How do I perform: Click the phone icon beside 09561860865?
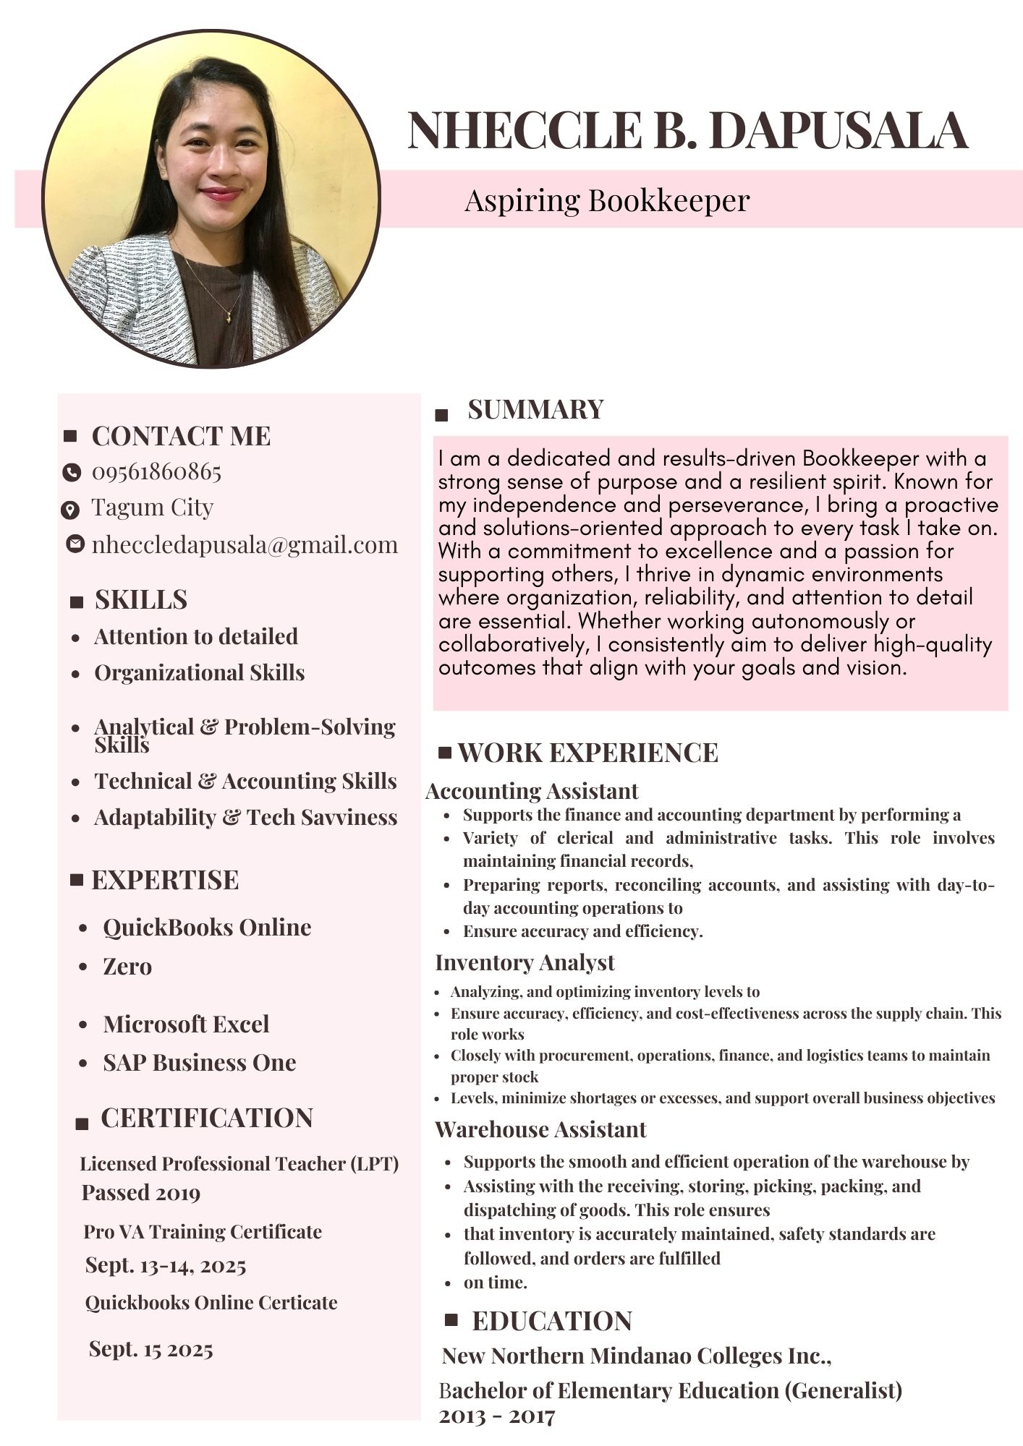click(71, 472)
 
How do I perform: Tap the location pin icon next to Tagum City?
click(69, 510)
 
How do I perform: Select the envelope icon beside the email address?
click(75, 543)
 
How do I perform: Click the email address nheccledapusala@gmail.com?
click(245, 544)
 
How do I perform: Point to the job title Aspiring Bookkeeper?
click(606, 200)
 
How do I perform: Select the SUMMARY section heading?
click(535, 409)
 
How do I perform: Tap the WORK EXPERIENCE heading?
click(587, 753)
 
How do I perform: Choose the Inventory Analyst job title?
click(525, 962)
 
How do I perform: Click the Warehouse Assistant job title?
click(540, 1129)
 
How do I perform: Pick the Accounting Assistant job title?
click(532, 791)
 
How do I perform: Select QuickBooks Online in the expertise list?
click(207, 927)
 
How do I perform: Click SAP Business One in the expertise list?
click(199, 1062)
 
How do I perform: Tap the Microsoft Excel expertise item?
click(186, 1024)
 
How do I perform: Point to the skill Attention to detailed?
click(195, 636)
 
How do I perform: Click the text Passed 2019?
click(140, 1192)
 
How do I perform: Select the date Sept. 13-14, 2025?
click(166, 1265)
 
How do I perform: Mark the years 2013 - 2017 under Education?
click(496, 1416)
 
